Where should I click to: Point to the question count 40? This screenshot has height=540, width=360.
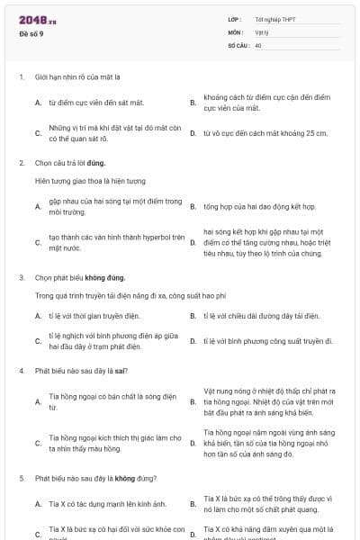(x=258, y=44)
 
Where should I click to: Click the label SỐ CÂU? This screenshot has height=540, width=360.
(x=237, y=44)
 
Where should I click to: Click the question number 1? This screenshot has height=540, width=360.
(x=21, y=77)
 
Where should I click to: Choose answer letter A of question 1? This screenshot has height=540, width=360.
(x=38, y=103)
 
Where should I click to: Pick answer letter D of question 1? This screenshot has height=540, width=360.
(x=193, y=133)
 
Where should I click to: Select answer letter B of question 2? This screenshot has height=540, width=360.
(x=193, y=206)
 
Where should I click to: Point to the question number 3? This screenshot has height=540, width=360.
(x=21, y=277)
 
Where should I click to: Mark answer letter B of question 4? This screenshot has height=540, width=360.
(x=193, y=400)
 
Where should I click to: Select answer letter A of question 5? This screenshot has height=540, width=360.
(x=38, y=502)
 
